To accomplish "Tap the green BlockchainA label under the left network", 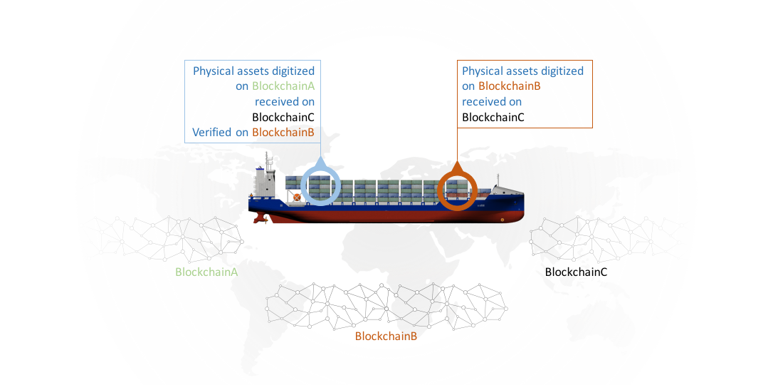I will [x=206, y=272].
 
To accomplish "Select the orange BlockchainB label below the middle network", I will [x=386, y=336].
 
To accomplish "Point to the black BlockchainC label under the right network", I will [x=576, y=272].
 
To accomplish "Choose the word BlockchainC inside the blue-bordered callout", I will [x=283, y=118].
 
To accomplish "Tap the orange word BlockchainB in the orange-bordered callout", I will [x=510, y=86].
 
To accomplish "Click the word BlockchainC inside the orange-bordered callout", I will [x=493, y=118].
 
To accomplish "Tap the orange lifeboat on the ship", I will [x=295, y=195].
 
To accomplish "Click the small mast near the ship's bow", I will [x=499, y=180].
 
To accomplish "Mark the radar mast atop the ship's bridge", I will [x=268, y=158].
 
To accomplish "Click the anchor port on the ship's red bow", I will [x=503, y=219].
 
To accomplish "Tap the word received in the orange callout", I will [x=485, y=102].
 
